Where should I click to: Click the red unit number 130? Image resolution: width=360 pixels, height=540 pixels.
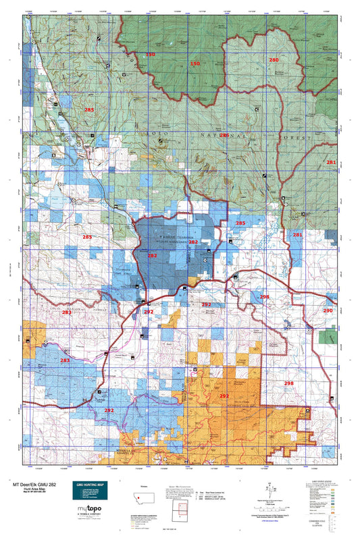click(150, 54)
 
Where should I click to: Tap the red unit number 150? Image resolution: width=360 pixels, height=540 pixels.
click(195, 63)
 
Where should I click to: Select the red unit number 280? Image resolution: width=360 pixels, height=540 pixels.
click(274, 60)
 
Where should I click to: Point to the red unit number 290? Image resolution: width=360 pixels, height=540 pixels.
click(328, 310)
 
